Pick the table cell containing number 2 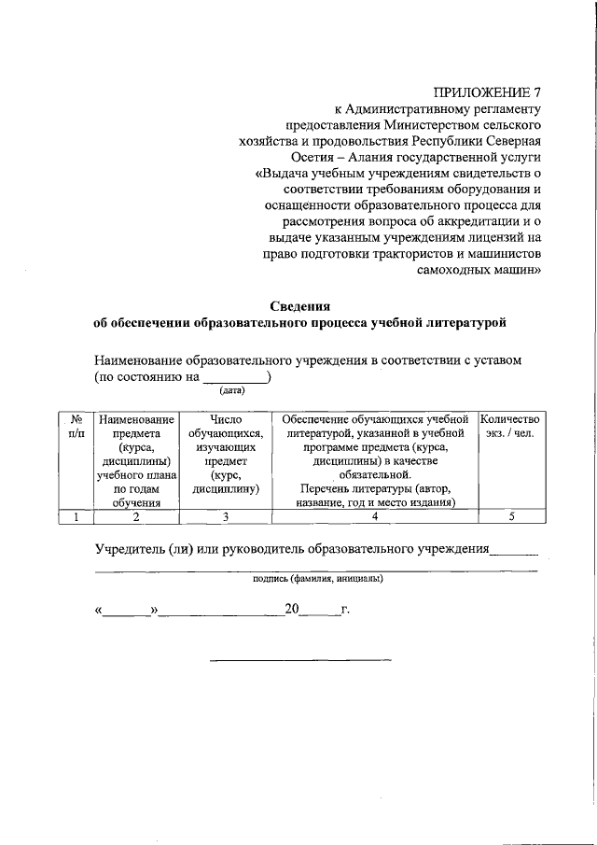[x=135, y=515]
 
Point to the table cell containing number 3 [x=225, y=515]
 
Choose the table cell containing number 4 [x=373, y=515]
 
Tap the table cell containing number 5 [x=509, y=515]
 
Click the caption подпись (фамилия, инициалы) [x=317, y=578]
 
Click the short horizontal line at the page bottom [x=299, y=661]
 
